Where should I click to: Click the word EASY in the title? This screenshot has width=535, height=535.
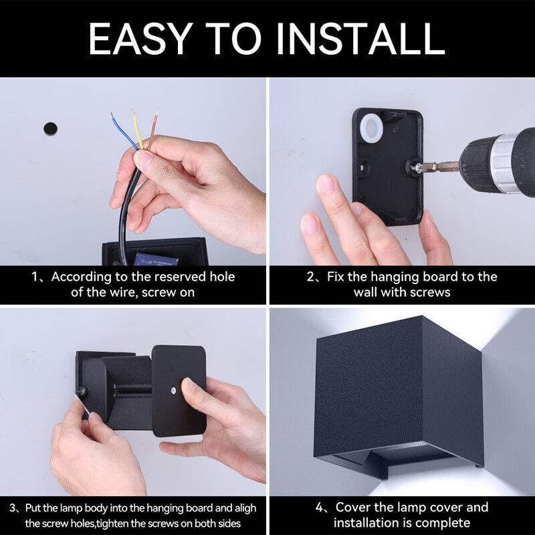(141, 38)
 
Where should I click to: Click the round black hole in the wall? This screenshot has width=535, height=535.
(50, 128)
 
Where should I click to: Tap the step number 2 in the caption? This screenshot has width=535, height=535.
(311, 276)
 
